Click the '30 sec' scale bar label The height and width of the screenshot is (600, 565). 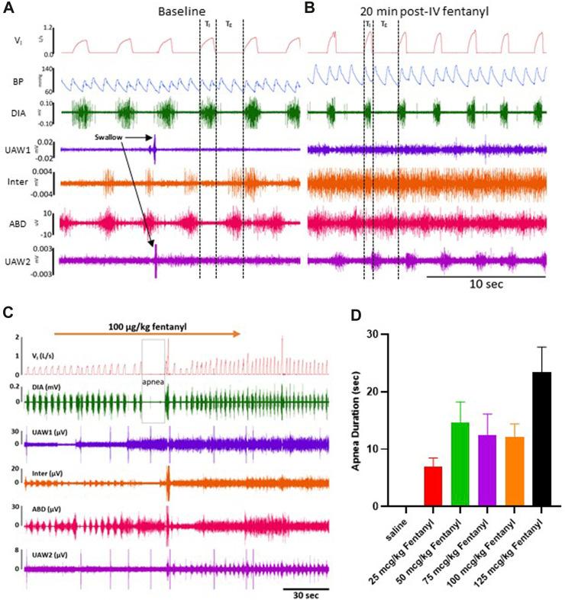[304, 594]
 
